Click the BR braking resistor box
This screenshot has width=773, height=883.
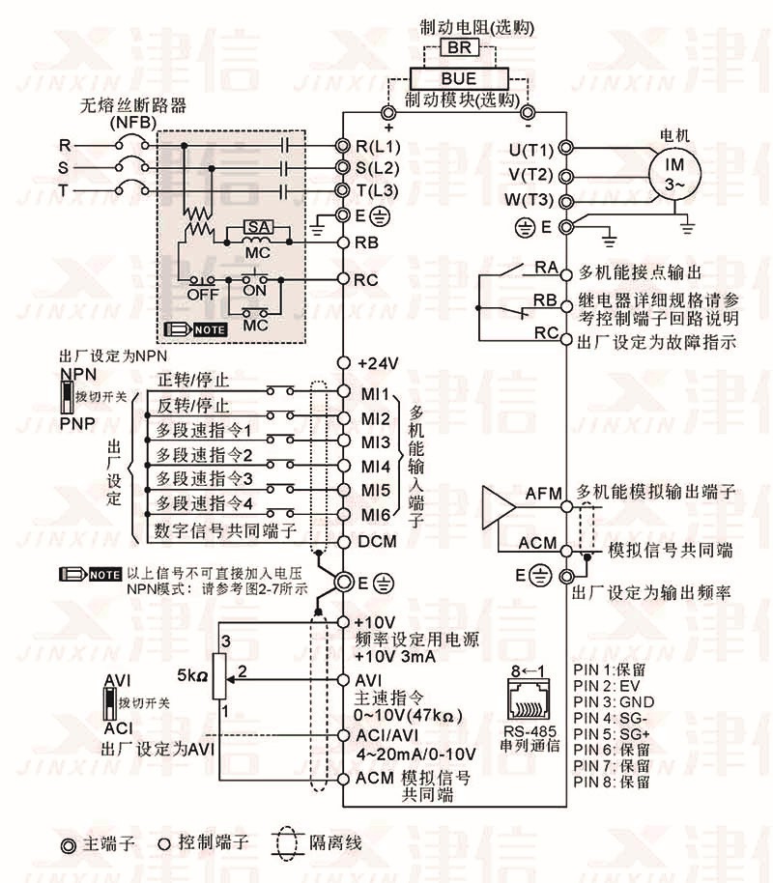pos(457,47)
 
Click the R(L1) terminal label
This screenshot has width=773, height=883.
pos(378,146)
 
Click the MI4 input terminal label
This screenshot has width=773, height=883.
pos(375,466)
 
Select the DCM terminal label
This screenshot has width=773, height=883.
pos(377,541)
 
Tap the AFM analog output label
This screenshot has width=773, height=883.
pos(543,494)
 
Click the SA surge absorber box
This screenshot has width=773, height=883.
pos(256,226)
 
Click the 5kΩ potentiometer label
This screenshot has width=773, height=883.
pos(189,672)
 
